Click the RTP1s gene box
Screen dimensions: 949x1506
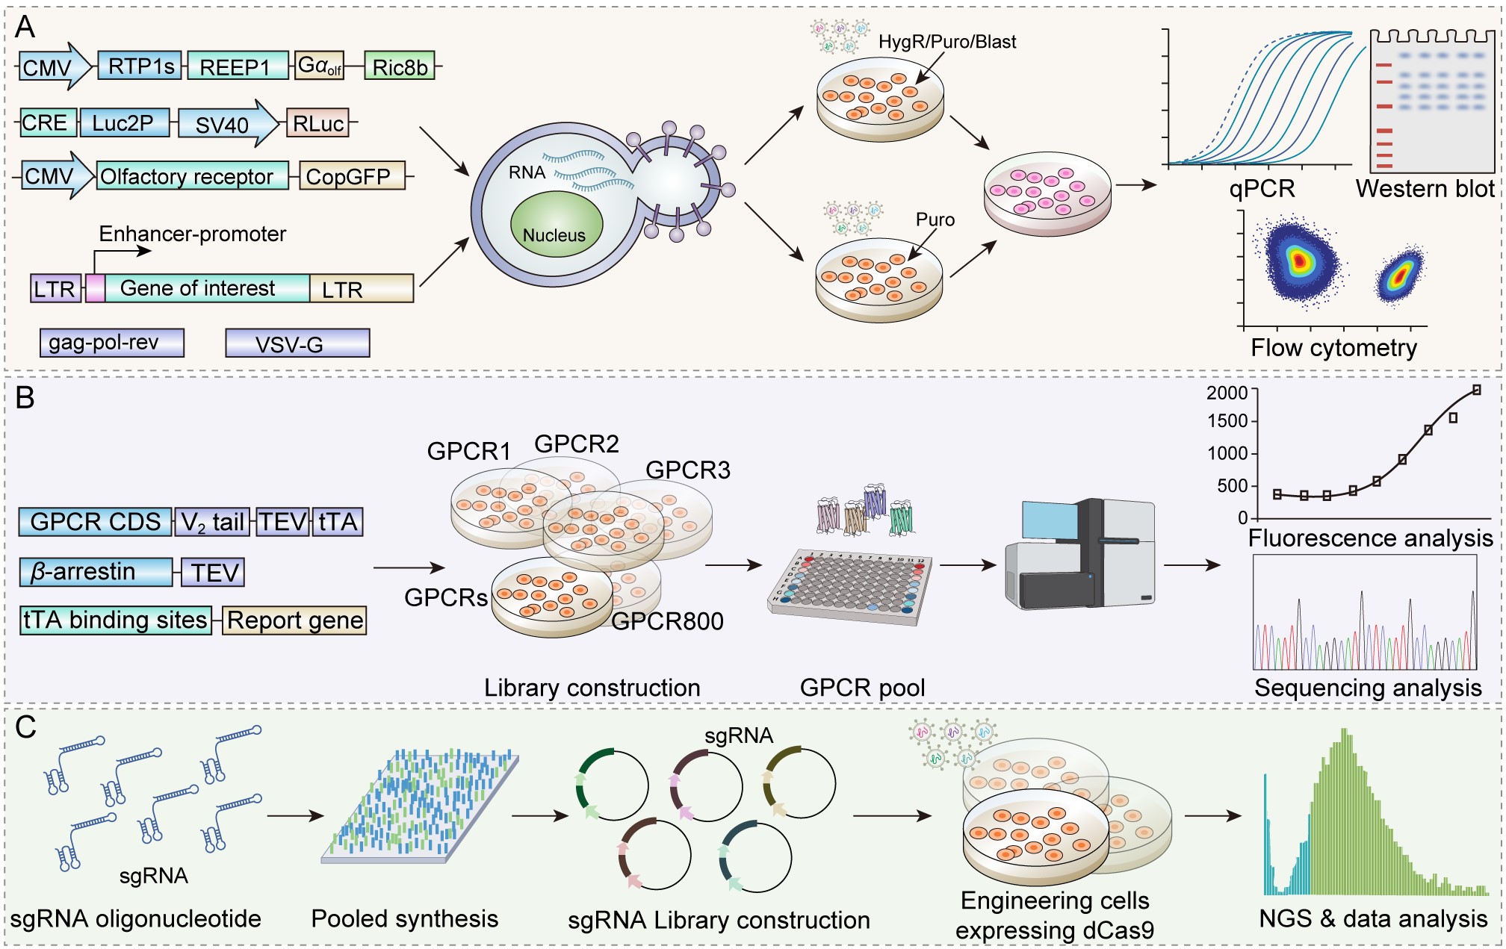click(x=140, y=66)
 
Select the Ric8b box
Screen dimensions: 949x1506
click(x=400, y=67)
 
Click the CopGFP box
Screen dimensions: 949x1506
click(x=351, y=176)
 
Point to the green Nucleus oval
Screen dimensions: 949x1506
click(x=556, y=225)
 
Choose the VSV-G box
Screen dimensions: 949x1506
click(x=297, y=343)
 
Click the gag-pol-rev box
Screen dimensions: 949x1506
click(x=112, y=343)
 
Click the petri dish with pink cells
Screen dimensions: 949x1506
click(x=1047, y=193)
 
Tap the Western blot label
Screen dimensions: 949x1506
click(x=1425, y=189)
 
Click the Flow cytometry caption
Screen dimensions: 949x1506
click(x=1333, y=348)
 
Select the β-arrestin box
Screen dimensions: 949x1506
click(x=96, y=572)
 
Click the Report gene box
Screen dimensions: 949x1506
click(x=295, y=620)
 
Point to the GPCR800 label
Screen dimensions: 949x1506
click(x=667, y=621)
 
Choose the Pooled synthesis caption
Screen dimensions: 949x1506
click(x=404, y=918)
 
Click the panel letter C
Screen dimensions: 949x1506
click(x=25, y=727)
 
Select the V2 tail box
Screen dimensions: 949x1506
click(x=213, y=522)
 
